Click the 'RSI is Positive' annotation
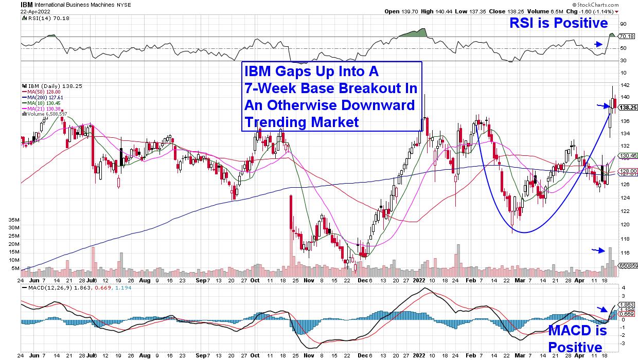pos(558,23)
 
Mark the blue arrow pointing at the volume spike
pos(598,250)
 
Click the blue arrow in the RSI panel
pos(598,44)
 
